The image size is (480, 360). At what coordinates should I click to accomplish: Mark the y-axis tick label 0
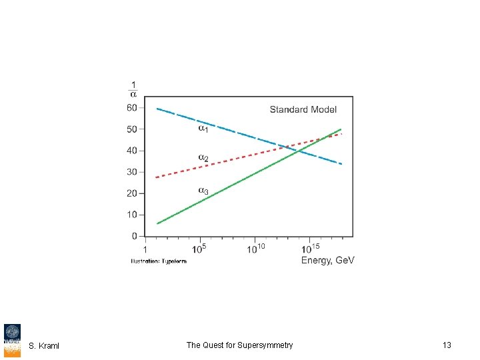(134, 236)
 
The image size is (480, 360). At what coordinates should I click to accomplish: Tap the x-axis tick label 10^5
(199, 249)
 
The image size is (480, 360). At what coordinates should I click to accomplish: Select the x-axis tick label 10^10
(255, 249)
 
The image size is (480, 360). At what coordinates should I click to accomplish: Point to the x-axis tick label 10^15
(311, 249)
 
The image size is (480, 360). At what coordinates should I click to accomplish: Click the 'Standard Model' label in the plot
(303, 109)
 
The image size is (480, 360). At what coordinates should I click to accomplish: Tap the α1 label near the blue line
(203, 128)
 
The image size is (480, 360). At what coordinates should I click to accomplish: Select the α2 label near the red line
(203, 158)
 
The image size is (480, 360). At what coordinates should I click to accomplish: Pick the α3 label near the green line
(203, 191)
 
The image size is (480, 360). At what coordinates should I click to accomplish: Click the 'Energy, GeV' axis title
(327, 260)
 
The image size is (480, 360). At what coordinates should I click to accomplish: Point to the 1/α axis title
(133, 89)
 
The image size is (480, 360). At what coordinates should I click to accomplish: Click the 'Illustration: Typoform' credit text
(159, 261)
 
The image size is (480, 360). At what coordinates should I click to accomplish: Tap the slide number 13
(447, 345)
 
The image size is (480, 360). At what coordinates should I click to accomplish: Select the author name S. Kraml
(44, 345)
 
